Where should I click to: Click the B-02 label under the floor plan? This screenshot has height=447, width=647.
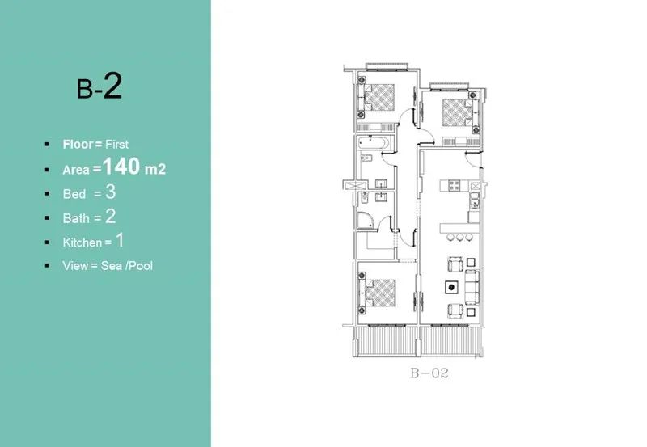coord(429,373)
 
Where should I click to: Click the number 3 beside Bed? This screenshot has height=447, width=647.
coord(111,192)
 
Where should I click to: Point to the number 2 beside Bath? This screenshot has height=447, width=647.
coord(111,216)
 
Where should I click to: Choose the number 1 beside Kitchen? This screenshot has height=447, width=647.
coord(118,240)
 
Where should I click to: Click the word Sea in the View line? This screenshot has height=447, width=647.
coord(112,265)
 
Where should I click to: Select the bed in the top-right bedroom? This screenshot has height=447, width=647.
coord(457,112)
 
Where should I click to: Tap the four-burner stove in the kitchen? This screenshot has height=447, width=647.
coord(455,186)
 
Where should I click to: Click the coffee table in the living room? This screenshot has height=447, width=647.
coord(451,286)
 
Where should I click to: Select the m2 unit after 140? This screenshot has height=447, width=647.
coord(155,170)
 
